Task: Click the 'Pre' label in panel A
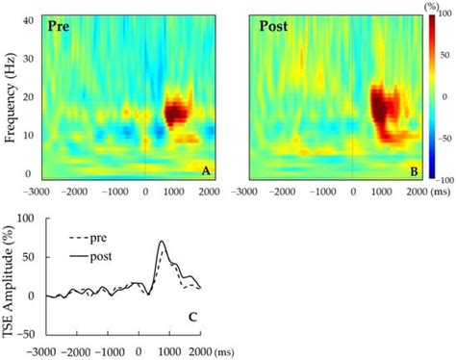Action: pyautogui.click(x=59, y=26)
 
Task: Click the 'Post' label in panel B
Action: pyautogui.click(x=273, y=26)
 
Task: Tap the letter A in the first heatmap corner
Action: pyautogui.click(x=206, y=171)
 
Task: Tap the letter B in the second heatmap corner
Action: pyautogui.click(x=415, y=172)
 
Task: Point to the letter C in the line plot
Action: pyautogui.click(x=192, y=318)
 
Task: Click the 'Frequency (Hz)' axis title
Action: pyautogui.click(x=10, y=99)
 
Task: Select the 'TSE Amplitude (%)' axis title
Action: pyautogui.click(x=9, y=281)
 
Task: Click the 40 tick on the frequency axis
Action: pyautogui.click(x=28, y=20)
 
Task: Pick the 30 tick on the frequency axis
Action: pyautogui.click(x=28, y=59)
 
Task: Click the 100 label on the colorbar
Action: pyautogui.click(x=446, y=13)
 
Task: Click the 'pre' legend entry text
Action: pyautogui.click(x=98, y=239)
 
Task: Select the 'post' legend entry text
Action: pyautogui.click(x=101, y=257)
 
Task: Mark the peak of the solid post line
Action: pyautogui.click(x=163, y=241)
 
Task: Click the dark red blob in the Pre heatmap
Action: pyautogui.click(x=176, y=113)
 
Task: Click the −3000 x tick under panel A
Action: pyautogui.click(x=38, y=192)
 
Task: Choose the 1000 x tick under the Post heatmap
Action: pyautogui.click(x=381, y=192)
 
